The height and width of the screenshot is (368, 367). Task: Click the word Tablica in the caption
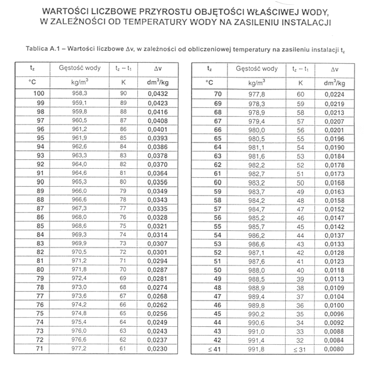coord(38,47)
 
